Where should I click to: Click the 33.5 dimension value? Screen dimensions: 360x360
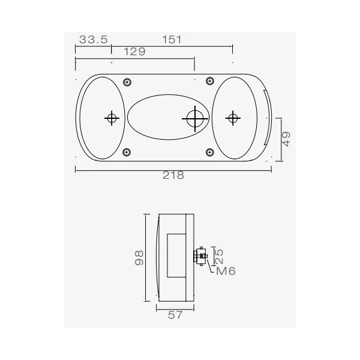93,40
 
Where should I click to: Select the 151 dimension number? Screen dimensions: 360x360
172,40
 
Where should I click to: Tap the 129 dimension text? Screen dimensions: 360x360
134,52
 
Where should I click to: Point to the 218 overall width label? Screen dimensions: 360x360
173,175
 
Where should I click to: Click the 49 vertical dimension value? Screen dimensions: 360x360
286,139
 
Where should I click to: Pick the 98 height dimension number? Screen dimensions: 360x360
139,258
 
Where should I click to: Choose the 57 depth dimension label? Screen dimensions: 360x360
175,315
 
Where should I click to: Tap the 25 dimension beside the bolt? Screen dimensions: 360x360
219,256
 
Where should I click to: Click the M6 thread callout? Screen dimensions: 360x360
226,271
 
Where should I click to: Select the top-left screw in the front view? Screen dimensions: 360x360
127,82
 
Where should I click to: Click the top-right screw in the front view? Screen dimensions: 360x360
210,81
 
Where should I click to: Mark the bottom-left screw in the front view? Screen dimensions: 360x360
127,152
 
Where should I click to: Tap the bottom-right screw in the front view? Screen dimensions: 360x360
210,152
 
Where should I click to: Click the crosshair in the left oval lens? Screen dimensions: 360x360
112,118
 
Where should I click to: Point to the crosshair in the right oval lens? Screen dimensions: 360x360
233,118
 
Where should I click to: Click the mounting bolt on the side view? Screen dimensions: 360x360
200,256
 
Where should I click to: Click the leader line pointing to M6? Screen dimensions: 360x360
211,265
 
